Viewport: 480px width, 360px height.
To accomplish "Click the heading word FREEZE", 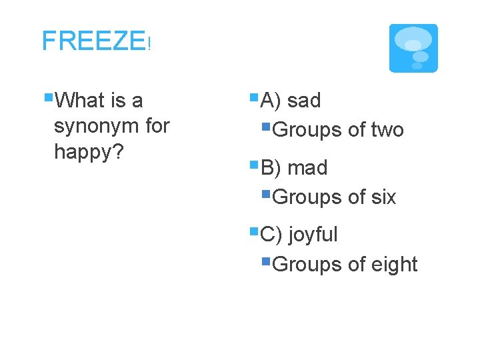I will coord(93,41).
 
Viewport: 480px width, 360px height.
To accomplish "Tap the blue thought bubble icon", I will coord(413,48).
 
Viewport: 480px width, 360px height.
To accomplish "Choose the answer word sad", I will coord(304,101).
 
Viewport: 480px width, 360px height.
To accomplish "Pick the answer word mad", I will coord(307,168).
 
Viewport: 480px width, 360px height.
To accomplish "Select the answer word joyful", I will coord(313,235).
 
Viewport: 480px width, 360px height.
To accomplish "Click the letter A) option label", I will coord(271,101).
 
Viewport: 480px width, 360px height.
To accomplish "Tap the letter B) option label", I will coord(271,168).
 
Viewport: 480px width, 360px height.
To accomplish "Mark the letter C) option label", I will coord(271,235).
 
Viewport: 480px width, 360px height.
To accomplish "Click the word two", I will coord(387,130).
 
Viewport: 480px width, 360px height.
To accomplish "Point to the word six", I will coord(383,197).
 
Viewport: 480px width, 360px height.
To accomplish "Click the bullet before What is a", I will coord(48,98).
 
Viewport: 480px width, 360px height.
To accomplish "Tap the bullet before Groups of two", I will coord(266,127).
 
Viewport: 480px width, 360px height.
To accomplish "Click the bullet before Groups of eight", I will coord(266,261).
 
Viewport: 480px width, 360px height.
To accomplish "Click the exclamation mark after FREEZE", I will coord(150,46).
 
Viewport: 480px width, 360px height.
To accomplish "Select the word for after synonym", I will coord(157,126).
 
